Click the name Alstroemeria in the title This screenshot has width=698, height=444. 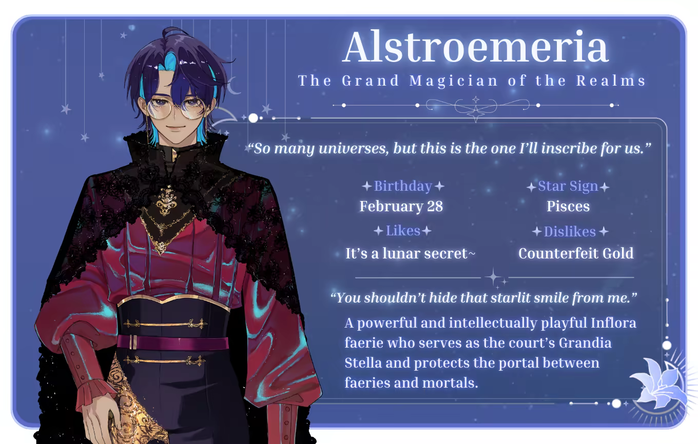click(475, 47)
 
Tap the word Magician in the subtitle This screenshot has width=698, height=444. click(453, 80)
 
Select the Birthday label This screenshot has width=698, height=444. click(403, 186)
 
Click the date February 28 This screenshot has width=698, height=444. click(401, 206)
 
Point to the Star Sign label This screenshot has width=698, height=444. click(568, 186)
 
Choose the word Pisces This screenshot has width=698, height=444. click(568, 206)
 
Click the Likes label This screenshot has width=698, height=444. click(403, 231)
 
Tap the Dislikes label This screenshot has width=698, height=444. click(570, 231)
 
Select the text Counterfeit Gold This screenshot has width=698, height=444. click(576, 253)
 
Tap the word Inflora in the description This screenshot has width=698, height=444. click(613, 323)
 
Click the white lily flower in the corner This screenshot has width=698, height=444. click(661, 384)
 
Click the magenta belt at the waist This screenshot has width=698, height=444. click(173, 343)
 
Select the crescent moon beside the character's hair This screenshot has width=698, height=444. click(235, 85)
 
